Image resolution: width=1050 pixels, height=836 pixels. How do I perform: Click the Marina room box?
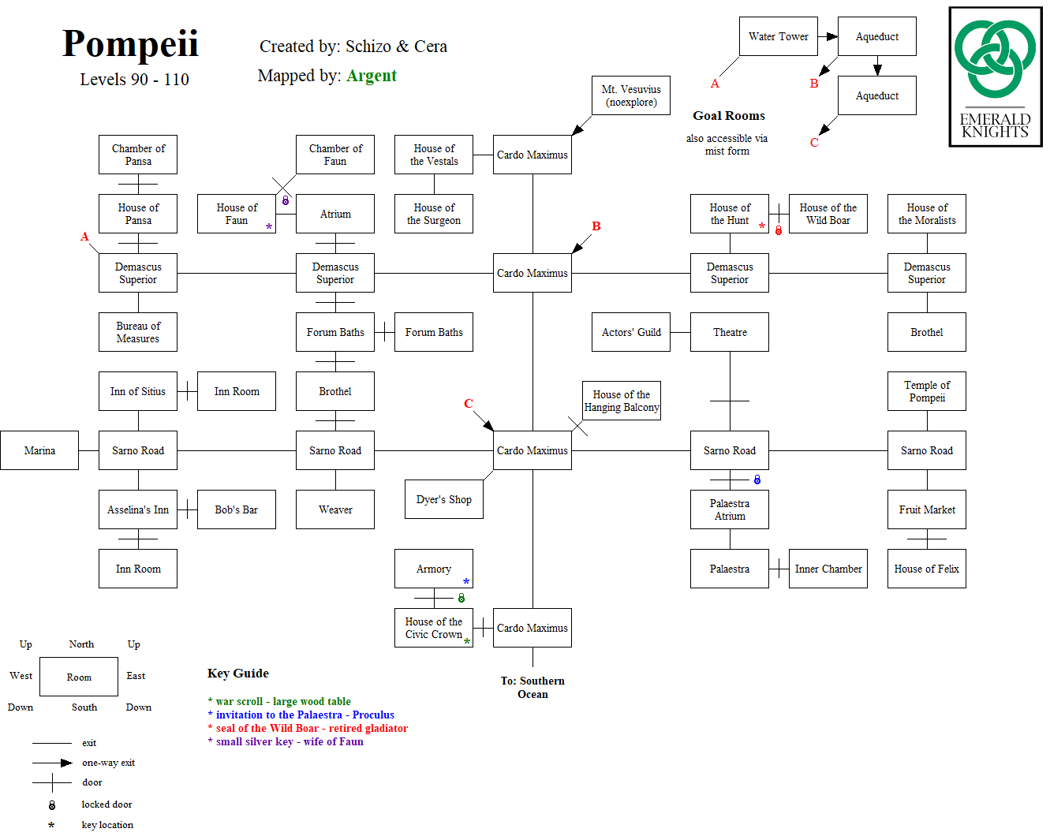pos(39,450)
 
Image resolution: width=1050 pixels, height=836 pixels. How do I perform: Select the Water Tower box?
pos(778,36)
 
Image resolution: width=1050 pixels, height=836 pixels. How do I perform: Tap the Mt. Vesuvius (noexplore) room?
pos(631,95)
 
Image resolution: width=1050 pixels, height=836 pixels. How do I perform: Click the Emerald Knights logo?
pos(995,77)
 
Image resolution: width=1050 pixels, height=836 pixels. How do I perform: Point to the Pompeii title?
pos(130,44)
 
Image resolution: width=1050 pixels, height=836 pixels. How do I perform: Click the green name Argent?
pos(371,76)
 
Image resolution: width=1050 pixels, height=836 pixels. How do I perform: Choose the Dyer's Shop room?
pos(443,499)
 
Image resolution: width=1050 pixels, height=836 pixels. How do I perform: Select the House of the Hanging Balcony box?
pos(622,401)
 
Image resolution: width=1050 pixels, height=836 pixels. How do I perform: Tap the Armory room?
pos(434,569)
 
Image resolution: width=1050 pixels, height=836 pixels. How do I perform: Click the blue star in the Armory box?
pos(466,582)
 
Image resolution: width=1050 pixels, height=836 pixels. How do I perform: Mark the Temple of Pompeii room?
pos(927,391)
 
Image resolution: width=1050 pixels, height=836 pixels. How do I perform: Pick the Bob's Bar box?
pos(237,509)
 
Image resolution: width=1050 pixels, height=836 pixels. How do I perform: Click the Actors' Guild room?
pos(631,332)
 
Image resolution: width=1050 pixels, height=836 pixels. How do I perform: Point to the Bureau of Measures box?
pos(138,332)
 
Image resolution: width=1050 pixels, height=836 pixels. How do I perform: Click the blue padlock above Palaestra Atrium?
pos(757,480)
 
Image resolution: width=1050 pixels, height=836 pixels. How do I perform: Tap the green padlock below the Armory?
pos(461,598)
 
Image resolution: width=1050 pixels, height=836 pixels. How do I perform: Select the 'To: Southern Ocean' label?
pos(532,688)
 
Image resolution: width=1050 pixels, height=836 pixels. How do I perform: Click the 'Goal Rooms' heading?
pos(729,116)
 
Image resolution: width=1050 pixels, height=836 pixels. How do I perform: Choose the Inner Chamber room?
pos(828,569)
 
